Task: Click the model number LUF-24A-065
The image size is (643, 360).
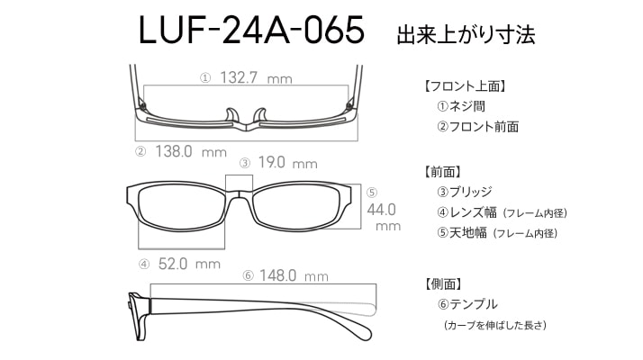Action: [251, 30]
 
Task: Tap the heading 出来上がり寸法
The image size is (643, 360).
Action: [466, 34]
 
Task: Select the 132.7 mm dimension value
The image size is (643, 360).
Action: [256, 77]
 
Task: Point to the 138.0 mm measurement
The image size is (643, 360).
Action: [191, 152]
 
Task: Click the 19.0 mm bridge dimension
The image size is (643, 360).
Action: [287, 163]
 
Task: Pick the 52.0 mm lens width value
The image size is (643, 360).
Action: [189, 264]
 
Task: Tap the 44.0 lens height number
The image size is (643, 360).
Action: [381, 210]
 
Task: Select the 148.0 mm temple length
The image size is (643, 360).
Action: [294, 275]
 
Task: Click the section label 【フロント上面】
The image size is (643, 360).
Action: [465, 86]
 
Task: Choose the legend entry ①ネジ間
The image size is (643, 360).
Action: [461, 106]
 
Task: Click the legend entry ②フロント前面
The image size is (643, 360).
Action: [477, 127]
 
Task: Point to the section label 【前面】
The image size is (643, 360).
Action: [442, 172]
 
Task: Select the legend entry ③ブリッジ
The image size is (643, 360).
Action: [464, 192]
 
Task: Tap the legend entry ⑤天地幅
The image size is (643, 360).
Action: [461, 233]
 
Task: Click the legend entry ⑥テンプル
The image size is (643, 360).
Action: [467, 304]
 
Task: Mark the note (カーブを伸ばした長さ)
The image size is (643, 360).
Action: [495, 326]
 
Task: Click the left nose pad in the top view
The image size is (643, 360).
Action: [232, 115]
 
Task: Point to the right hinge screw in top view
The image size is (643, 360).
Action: [349, 106]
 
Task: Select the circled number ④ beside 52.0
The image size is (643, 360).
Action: [144, 265]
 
